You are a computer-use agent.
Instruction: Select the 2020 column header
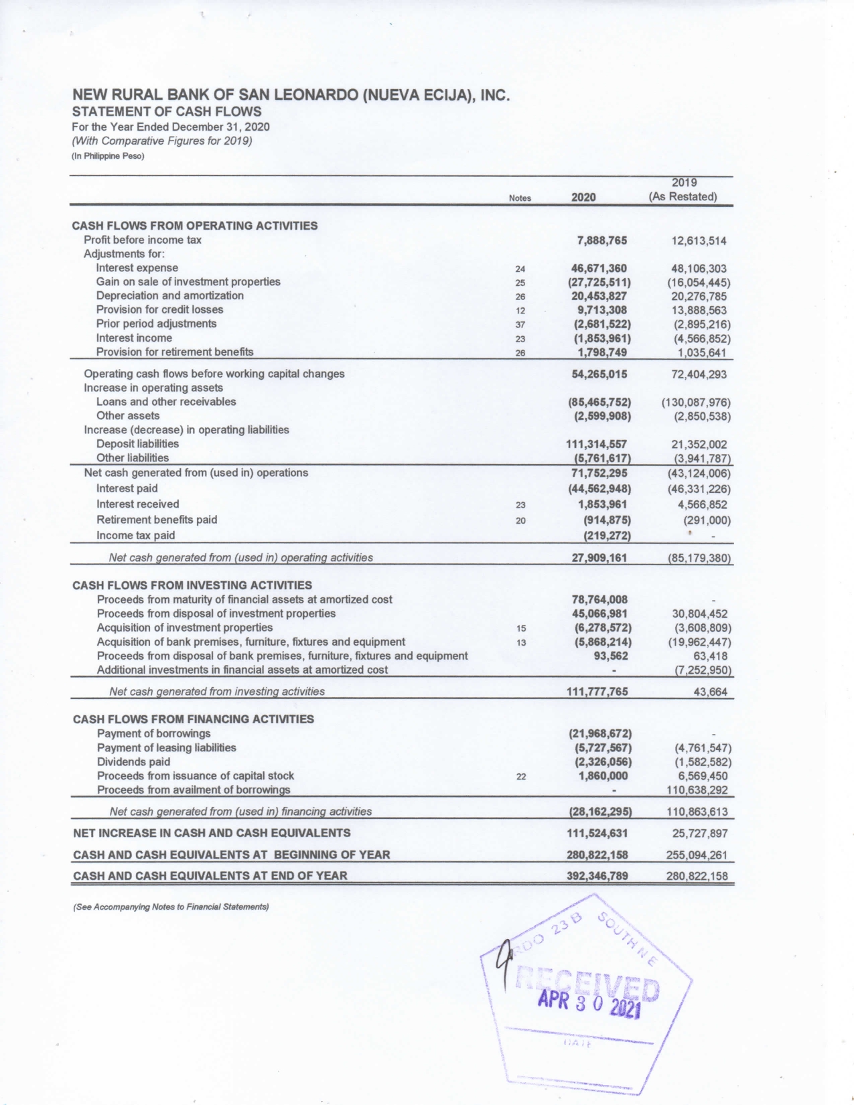tap(583, 198)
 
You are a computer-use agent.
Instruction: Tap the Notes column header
tap(520, 198)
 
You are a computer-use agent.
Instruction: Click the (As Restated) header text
tap(683, 197)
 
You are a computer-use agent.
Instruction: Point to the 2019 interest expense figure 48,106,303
tap(699, 269)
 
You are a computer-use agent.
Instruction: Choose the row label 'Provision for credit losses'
tap(159, 309)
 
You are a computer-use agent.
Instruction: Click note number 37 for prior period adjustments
tap(520, 325)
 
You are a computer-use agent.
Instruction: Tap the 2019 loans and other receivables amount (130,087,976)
tap(695, 402)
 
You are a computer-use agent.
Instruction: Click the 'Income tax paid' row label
tap(135, 535)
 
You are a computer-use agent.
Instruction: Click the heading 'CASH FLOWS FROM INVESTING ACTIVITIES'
tap(192, 585)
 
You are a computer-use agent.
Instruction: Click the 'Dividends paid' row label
tap(133, 761)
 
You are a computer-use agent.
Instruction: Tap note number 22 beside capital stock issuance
tap(521, 777)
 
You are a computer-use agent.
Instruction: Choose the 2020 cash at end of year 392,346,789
tap(597, 875)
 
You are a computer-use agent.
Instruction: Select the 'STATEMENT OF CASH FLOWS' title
tap(167, 111)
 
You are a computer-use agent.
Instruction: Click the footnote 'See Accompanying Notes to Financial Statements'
tap(170, 907)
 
